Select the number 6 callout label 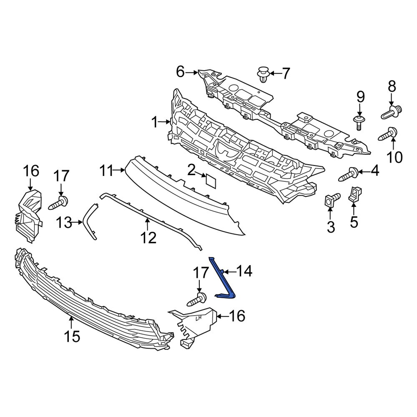coord(180,72)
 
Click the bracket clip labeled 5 coord(354,195)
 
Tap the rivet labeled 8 coord(391,111)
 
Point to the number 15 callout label coord(72,336)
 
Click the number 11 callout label coord(107,170)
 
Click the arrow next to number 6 coord(192,73)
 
